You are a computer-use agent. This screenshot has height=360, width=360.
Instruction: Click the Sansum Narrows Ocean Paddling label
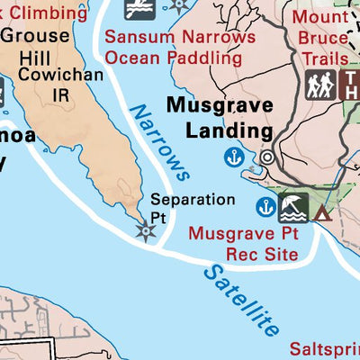pyautogui.click(x=173, y=47)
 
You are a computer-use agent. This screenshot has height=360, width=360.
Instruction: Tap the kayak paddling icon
pyautogui.click(x=139, y=8)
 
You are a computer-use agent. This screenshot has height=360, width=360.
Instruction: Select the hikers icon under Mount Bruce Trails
pyautogui.click(x=320, y=85)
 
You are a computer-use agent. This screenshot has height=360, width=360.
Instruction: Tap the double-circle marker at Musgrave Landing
pyautogui.click(x=267, y=157)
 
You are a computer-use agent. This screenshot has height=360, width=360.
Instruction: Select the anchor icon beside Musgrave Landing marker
pyautogui.click(x=236, y=157)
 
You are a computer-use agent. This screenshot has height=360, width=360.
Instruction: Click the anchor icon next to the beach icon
pyautogui.click(x=265, y=207)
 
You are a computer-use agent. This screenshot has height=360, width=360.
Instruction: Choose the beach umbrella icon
pyautogui.click(x=293, y=208)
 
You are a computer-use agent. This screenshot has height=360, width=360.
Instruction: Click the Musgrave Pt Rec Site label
pyautogui.click(x=243, y=244)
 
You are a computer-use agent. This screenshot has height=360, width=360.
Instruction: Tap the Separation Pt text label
pyautogui.click(x=180, y=208)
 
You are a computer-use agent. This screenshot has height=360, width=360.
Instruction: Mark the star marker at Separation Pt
pyautogui.click(x=144, y=231)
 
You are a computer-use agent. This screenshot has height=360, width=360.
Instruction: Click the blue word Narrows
pyautogui.click(x=159, y=142)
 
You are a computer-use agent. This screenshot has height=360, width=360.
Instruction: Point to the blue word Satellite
pyautogui.click(x=240, y=300)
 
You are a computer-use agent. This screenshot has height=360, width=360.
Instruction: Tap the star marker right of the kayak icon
pyautogui.click(x=181, y=4)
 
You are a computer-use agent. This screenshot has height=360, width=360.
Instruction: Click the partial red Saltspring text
pyautogui.click(x=324, y=348)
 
